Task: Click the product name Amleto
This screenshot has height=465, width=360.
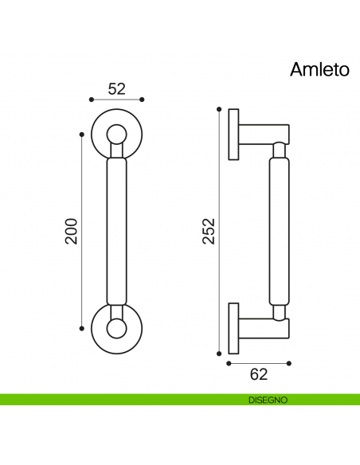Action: click(x=319, y=70)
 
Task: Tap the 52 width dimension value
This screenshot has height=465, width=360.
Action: click(x=117, y=88)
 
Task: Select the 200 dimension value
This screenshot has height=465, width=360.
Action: click(x=71, y=230)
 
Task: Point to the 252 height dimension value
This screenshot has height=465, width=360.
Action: click(x=209, y=230)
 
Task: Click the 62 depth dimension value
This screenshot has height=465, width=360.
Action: click(x=259, y=373)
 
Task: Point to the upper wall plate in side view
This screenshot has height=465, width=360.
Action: click(x=233, y=134)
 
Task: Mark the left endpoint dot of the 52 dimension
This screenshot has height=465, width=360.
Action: click(x=92, y=100)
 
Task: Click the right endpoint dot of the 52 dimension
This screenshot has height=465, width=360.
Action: click(x=143, y=100)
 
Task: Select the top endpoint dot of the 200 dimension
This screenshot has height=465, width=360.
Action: click(x=82, y=134)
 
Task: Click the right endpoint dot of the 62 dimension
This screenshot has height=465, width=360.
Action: click(x=289, y=362)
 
